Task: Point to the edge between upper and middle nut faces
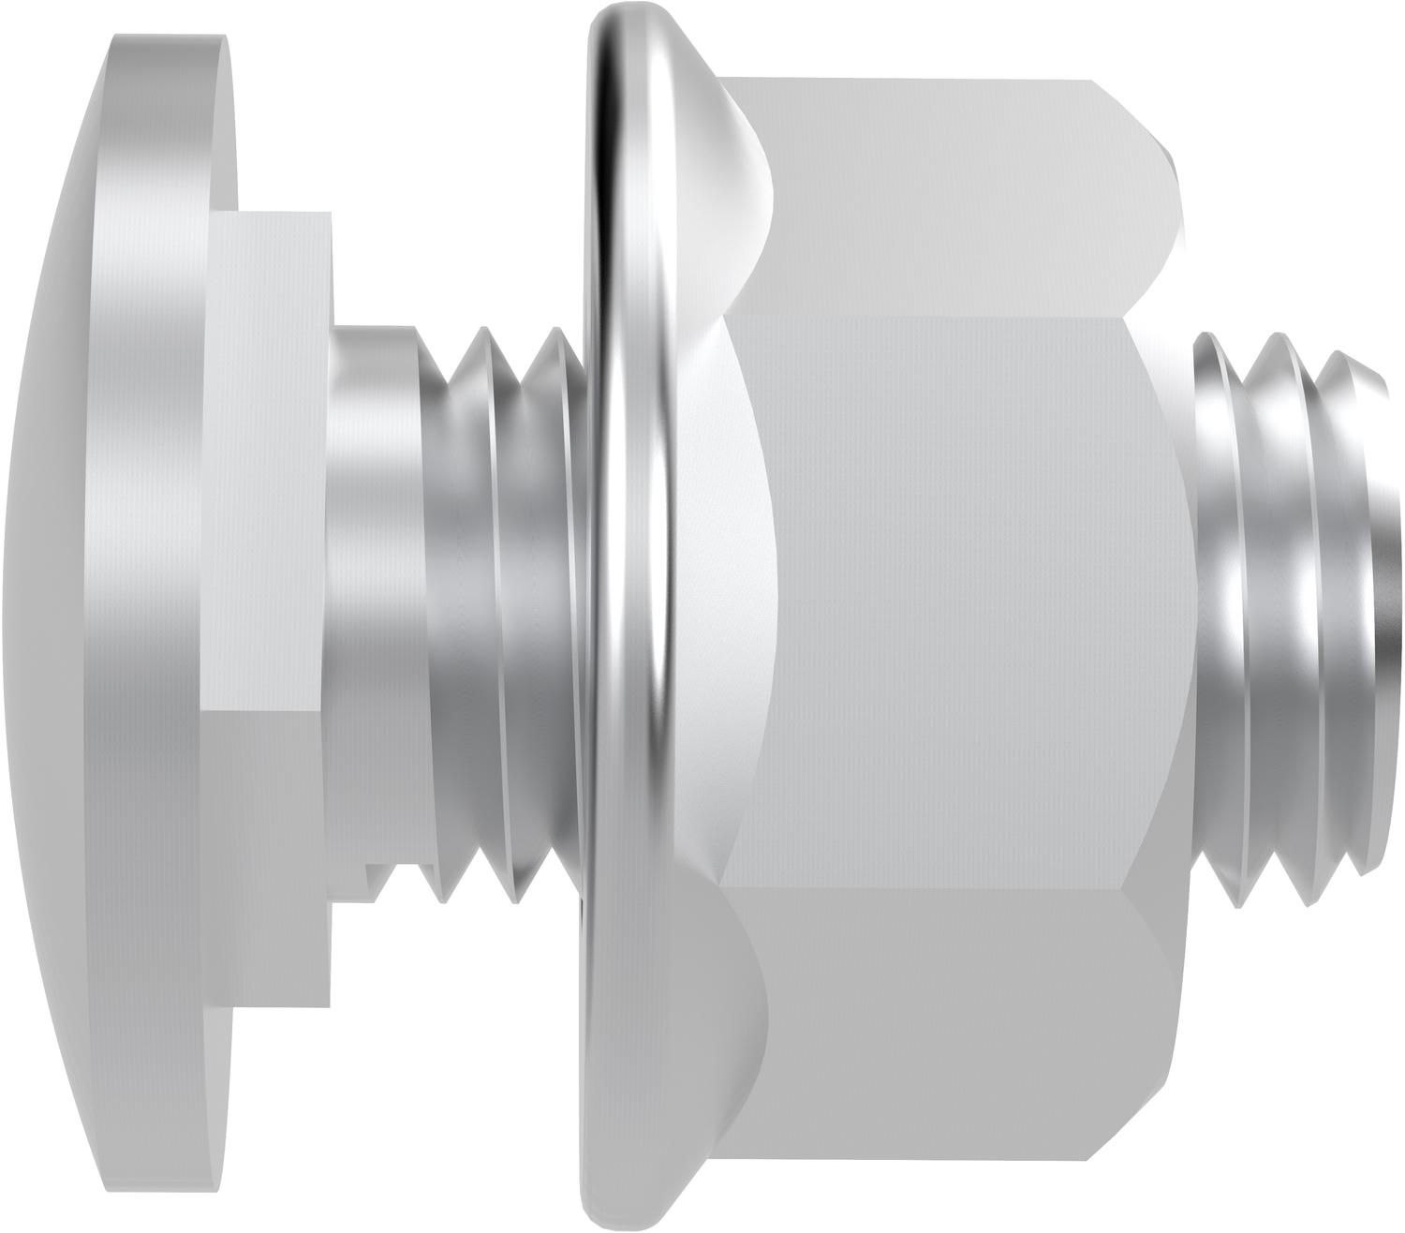937,316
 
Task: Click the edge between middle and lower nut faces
937,883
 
